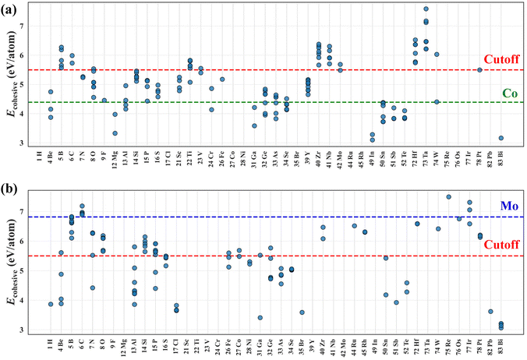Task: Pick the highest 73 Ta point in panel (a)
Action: pos(426,9)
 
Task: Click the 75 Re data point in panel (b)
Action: pos(448,197)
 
